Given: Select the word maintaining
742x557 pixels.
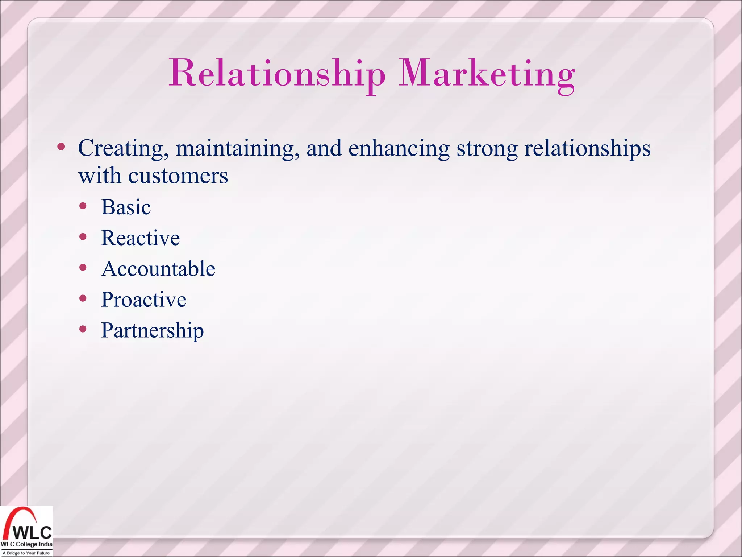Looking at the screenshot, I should [238, 149].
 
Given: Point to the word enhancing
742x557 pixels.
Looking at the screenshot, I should [399, 149].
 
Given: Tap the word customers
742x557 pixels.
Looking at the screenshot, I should [178, 176].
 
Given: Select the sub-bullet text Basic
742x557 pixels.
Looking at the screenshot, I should [126, 207].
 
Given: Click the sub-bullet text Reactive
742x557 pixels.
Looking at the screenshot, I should [140, 238].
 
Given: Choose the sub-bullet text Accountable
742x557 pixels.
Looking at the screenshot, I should [158, 269].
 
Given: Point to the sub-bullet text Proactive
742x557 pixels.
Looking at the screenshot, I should [143, 300].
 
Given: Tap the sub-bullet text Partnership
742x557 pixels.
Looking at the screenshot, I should [152, 331].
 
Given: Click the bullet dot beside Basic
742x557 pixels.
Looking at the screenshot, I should [83, 206].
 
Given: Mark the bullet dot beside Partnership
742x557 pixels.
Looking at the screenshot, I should [83, 329].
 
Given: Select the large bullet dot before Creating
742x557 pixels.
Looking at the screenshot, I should [61, 147].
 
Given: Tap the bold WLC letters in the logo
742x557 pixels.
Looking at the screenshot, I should [33, 532].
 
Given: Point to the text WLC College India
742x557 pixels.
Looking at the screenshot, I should [26, 544].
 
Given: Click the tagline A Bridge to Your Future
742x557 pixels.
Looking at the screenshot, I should [26, 553].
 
